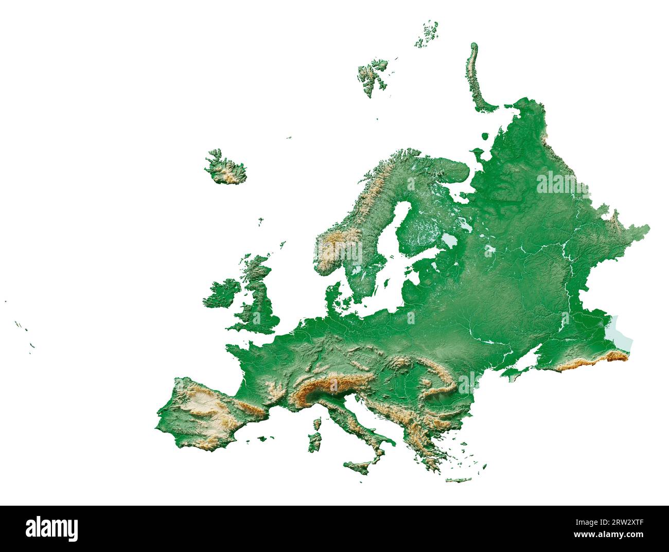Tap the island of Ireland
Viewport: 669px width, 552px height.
[221, 294]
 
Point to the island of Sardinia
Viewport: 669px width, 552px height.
[314, 442]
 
